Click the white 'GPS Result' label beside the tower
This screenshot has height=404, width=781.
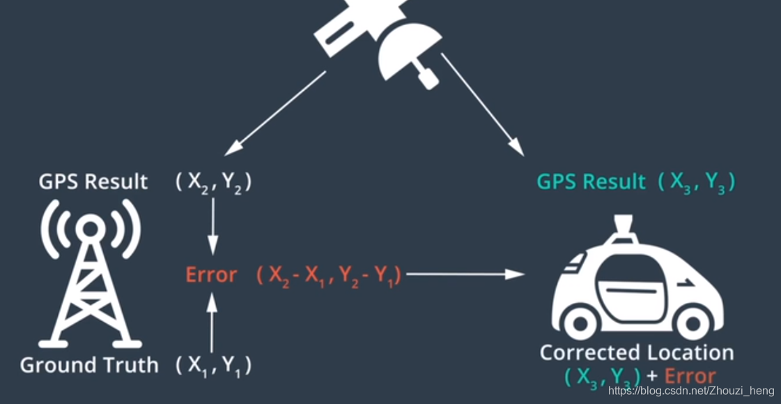click(x=93, y=181)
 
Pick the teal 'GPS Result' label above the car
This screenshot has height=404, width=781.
click(x=591, y=181)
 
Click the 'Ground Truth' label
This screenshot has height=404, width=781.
click(x=89, y=365)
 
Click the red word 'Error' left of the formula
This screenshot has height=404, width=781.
click(x=211, y=275)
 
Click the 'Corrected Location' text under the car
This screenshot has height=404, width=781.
click(x=637, y=352)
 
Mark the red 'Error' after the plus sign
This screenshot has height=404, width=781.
click(x=690, y=377)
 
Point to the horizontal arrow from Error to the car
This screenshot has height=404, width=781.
click(x=464, y=275)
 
